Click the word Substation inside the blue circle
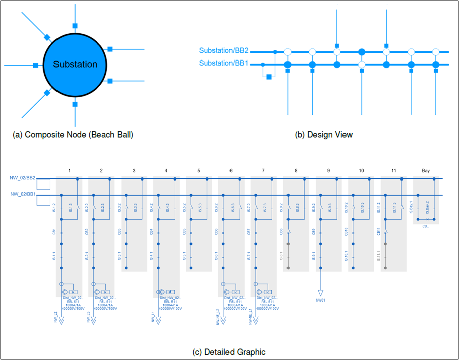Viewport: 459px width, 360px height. [75, 65]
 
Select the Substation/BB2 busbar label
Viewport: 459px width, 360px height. [223, 51]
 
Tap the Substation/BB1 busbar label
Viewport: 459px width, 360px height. [223, 64]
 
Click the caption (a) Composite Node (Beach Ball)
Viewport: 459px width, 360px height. [73, 135]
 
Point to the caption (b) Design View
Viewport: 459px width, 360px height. [324, 135]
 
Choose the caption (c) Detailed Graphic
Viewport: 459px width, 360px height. [229, 351]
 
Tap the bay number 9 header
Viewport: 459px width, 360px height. [328, 171]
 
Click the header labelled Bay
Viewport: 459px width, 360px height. [426, 171]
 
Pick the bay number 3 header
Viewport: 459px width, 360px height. [134, 171]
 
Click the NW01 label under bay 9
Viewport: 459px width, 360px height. [321, 301]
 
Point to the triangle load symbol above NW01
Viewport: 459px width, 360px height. [320, 292]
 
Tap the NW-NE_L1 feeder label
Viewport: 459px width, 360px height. [250, 316]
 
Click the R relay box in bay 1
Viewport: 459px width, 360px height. [74, 292]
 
